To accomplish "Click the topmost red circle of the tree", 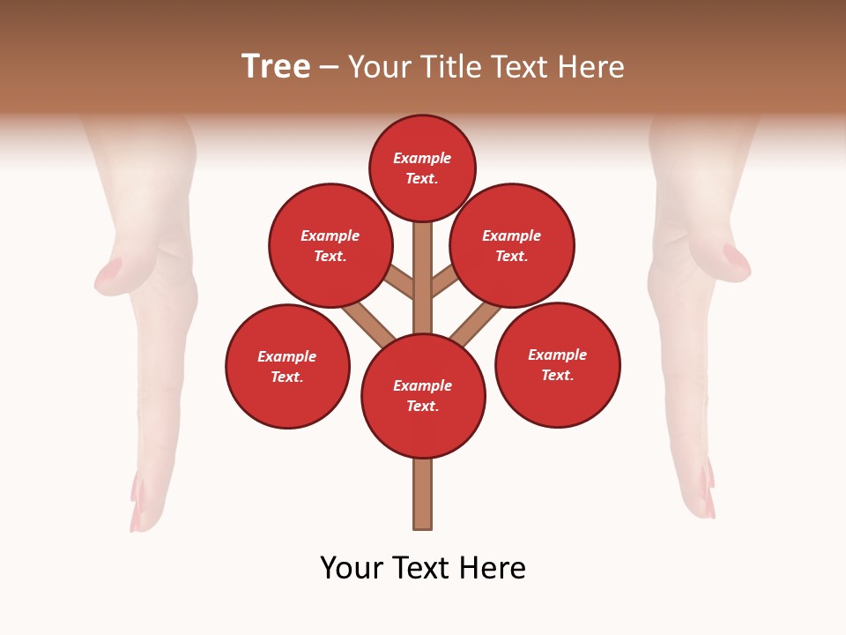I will coord(422,168).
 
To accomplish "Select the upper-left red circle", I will coord(330,245).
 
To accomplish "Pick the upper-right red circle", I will coord(512,245).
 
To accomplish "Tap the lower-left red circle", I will coord(287,366).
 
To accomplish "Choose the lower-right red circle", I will coord(557,364).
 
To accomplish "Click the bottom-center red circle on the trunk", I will coord(423,395).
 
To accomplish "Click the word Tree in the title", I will coord(276,66).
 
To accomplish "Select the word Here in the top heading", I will coord(590,67).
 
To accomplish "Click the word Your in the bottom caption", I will coord(351,568).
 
